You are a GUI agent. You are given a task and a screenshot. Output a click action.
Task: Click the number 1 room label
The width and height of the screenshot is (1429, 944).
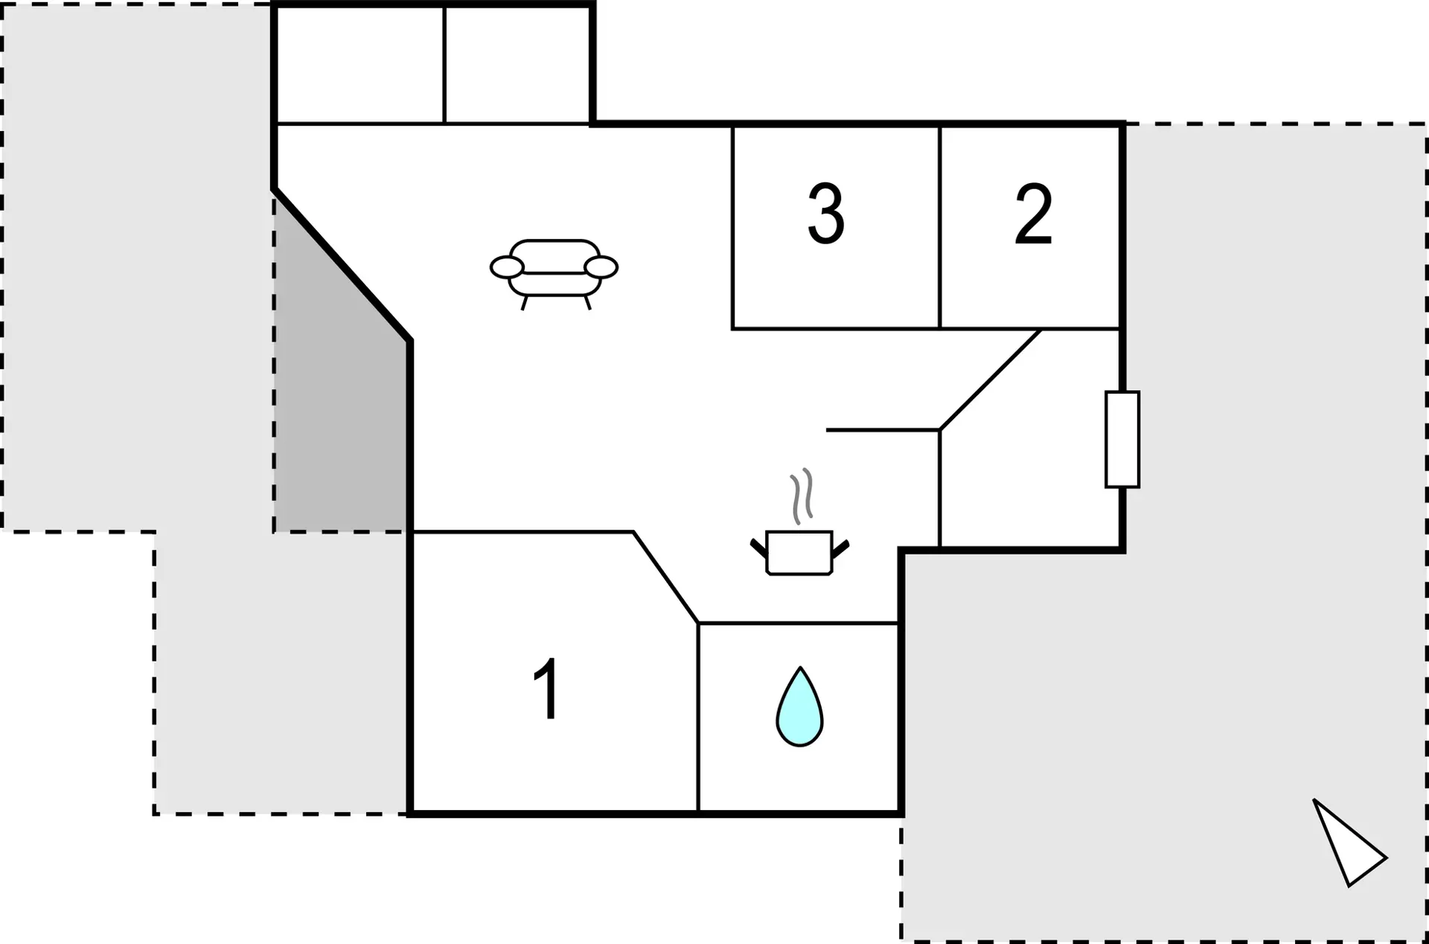click(548, 689)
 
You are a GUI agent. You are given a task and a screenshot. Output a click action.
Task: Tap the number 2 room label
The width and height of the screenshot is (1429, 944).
click(1034, 214)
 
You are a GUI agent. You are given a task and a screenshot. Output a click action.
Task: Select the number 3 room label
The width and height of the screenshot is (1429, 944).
click(826, 214)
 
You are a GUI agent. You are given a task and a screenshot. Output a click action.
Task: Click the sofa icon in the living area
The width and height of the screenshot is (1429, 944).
click(554, 274)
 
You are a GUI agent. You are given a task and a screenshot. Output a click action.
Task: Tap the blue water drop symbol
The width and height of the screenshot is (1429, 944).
click(799, 707)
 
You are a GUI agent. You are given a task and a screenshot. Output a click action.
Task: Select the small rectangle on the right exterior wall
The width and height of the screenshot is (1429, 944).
click(1122, 439)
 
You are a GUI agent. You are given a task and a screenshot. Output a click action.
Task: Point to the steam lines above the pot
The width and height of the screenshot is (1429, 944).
click(802, 495)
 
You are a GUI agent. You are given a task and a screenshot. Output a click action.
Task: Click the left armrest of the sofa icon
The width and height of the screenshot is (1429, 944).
click(507, 267)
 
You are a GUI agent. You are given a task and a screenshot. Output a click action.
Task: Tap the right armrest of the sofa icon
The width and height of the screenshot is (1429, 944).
click(601, 267)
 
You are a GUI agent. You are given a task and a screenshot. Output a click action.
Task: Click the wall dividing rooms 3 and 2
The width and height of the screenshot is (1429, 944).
click(940, 226)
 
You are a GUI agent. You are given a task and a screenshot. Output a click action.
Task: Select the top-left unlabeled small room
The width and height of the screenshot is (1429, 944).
click(359, 65)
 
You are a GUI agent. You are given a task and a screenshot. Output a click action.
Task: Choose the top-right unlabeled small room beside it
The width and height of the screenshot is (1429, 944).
click(517, 65)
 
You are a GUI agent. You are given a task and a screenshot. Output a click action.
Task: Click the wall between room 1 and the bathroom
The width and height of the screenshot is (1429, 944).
click(698, 717)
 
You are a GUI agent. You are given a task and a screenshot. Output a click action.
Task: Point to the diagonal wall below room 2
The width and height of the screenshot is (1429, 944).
click(990, 380)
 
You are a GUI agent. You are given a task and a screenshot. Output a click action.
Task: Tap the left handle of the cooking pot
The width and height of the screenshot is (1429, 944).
click(758, 549)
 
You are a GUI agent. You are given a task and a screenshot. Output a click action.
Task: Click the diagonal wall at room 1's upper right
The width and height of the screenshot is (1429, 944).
click(665, 577)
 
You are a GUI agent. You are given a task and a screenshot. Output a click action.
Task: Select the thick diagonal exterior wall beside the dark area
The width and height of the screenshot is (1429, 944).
click(342, 265)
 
